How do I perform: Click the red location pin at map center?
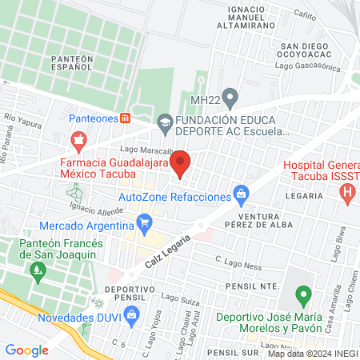[181, 163]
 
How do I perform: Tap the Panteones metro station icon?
[126, 118]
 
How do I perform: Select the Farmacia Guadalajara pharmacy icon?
[78, 142]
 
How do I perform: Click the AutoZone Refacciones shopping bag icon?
[240, 194]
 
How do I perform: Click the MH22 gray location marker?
[230, 99]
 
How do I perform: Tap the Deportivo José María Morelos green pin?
[302, 297]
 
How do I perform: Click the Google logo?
[26, 350]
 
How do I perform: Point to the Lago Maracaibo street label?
[145, 150]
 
